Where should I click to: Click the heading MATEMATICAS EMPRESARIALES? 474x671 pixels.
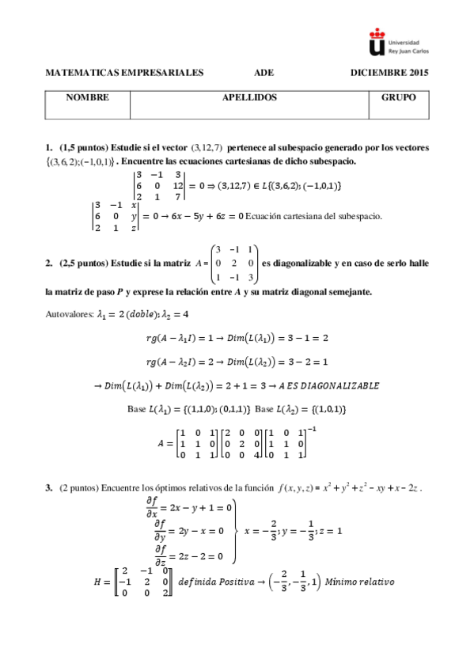(125, 73)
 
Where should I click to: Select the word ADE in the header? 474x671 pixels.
(264, 73)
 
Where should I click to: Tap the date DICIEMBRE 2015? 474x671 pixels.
(389, 73)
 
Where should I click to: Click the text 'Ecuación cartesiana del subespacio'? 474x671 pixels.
(314, 216)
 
